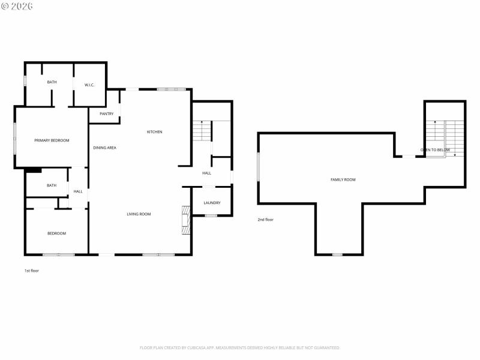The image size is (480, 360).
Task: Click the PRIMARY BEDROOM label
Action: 52,140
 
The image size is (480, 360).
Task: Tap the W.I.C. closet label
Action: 89,85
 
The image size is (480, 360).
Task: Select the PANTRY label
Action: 106,113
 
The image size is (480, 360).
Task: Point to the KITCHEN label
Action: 154,132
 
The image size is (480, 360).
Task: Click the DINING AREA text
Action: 104,148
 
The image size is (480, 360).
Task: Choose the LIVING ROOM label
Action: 139,214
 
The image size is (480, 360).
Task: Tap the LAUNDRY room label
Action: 212,203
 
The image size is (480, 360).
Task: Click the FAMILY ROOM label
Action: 343,179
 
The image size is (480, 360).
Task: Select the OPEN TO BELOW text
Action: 435,150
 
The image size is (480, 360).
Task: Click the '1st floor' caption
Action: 32,271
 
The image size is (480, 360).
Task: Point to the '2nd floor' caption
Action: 265,220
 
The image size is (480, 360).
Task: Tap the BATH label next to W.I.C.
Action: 52,82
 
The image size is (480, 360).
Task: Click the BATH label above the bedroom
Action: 52,185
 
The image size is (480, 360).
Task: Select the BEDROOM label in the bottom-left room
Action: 57,233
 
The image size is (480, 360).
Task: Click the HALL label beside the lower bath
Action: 78,191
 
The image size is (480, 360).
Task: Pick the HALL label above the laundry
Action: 206,173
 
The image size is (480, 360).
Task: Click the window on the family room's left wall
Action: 259,166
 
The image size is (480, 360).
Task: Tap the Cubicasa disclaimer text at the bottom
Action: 240,347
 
